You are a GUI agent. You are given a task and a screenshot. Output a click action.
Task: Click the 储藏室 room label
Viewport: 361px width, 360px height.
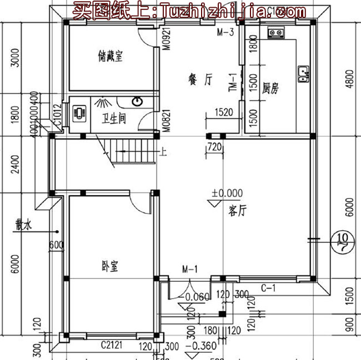(110, 55)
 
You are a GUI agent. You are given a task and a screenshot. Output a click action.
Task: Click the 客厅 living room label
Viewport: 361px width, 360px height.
(237, 211)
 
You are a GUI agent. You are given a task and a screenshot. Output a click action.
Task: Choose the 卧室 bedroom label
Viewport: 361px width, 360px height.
(111, 266)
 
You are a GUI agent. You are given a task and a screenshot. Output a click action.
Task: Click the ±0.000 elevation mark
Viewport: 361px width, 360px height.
(227, 193)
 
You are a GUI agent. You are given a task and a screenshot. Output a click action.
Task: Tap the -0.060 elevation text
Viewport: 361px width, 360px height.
(197, 296)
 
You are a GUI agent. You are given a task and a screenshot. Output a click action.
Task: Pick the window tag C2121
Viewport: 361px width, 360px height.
(112, 345)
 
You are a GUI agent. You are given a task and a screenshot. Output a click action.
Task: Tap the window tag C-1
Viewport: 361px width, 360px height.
(268, 287)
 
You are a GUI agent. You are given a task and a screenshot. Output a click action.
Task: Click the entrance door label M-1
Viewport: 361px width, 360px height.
(190, 270)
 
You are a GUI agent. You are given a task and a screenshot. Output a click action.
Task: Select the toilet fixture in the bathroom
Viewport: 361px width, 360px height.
(79, 113)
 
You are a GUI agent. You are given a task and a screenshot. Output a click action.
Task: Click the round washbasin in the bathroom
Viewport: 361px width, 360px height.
(138, 102)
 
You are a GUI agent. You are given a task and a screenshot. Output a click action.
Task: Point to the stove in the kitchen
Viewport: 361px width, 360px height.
(275, 32)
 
